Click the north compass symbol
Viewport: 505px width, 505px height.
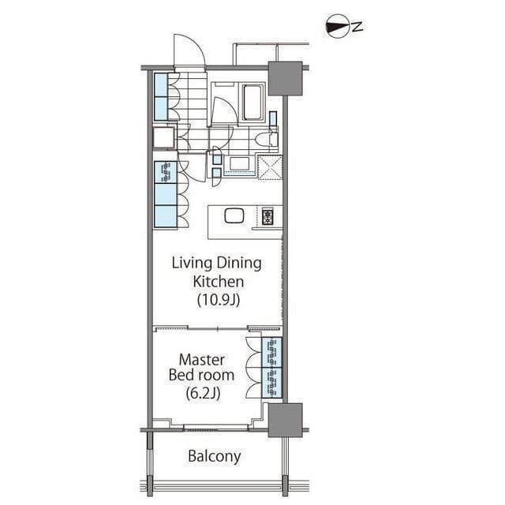pos(338,27)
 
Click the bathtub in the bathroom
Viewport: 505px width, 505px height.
pos(252,102)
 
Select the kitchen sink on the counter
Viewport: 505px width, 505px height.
pos(234,215)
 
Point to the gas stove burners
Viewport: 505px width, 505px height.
pos(267,216)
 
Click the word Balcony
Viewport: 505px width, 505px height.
pos(214,456)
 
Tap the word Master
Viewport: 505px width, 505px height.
pos(202,360)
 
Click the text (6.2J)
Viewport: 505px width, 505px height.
pos(203,393)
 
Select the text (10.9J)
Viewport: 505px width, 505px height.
pos(219,300)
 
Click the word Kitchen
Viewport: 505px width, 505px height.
pos(218,282)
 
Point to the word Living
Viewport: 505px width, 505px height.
pos(192,264)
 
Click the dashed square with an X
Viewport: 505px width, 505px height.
pos(270,166)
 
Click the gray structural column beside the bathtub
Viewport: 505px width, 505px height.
pos(285,79)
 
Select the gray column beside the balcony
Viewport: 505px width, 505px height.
pos(285,420)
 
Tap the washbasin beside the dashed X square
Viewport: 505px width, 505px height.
pos(239,164)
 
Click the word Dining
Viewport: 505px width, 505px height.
pos(238,264)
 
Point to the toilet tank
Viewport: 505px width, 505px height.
pos(274,139)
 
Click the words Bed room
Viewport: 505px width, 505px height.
pos(201,376)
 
